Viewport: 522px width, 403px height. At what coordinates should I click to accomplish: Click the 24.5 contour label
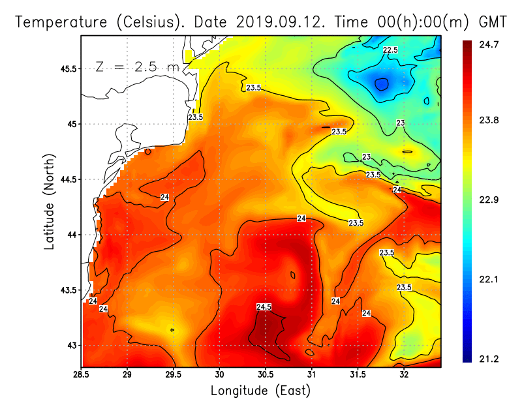point(264,306)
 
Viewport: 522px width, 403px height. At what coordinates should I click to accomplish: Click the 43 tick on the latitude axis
point(70,345)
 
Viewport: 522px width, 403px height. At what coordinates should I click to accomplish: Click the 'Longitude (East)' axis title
point(260,390)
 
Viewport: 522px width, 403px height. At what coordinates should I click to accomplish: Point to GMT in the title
point(493,22)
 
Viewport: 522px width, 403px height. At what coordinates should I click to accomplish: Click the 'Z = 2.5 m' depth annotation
point(138,67)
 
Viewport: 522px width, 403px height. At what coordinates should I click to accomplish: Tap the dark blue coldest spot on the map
point(381,84)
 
